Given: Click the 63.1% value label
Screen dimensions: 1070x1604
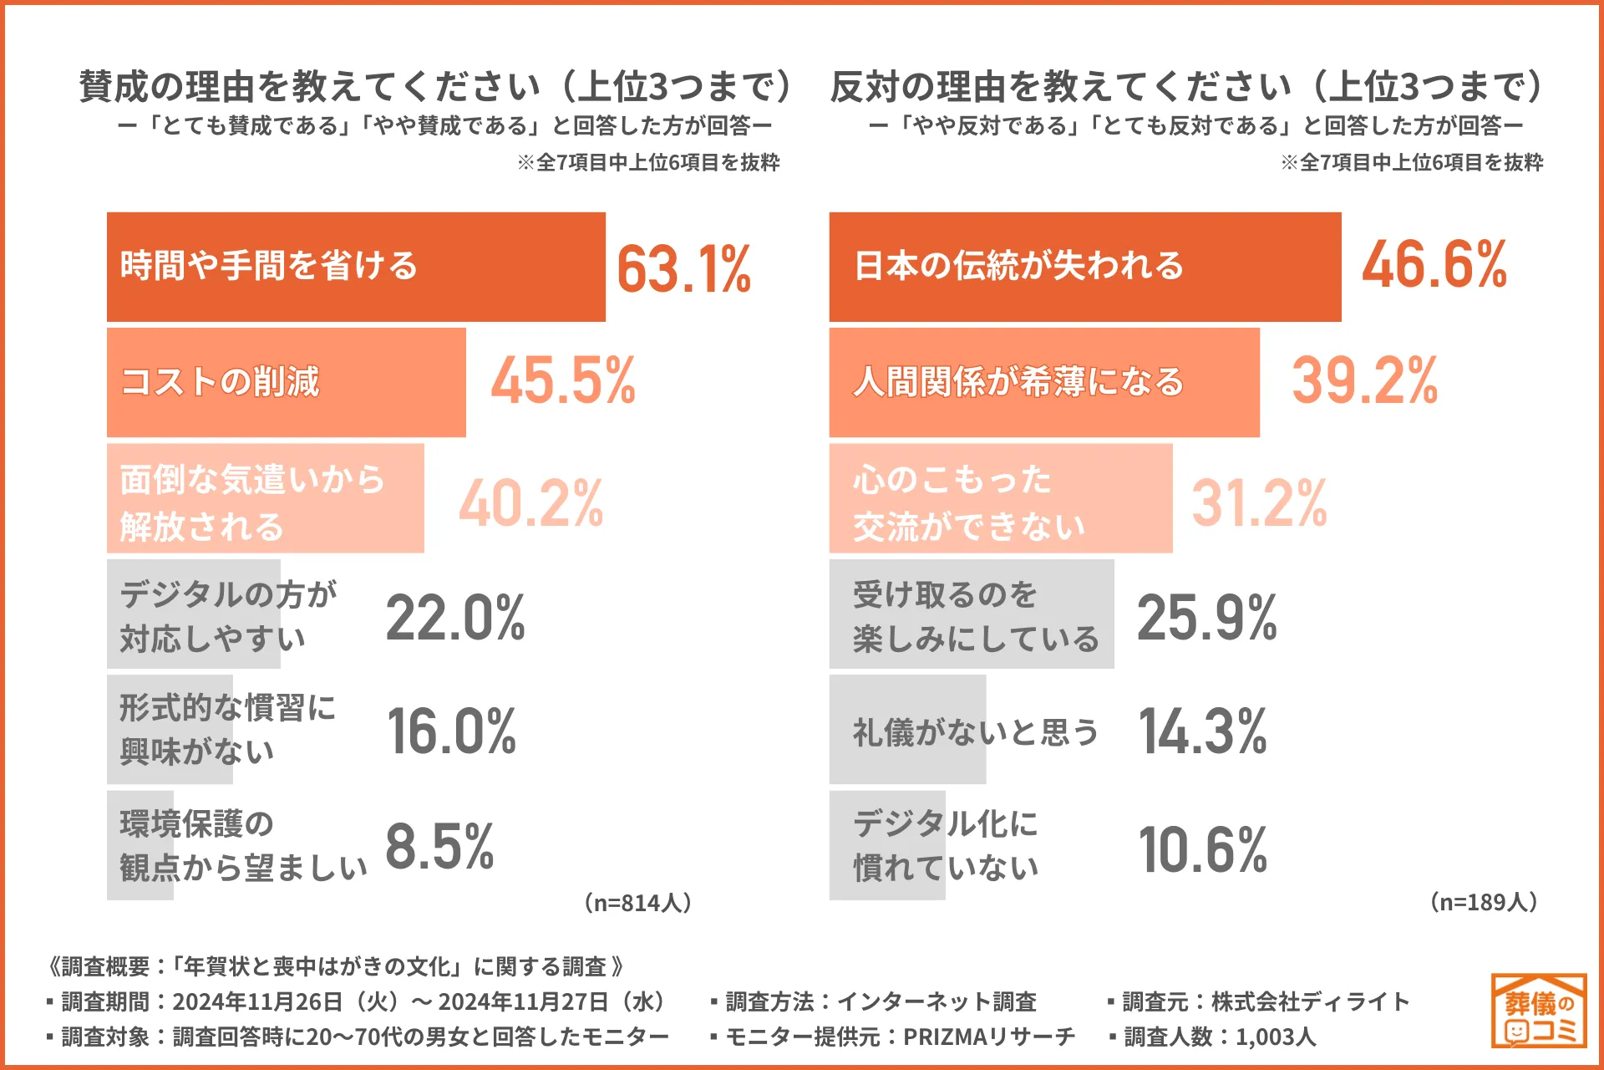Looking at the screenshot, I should tap(683, 268).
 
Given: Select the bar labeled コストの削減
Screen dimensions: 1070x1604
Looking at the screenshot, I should tap(286, 382).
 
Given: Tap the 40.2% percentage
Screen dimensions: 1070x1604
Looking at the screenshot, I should tap(530, 503).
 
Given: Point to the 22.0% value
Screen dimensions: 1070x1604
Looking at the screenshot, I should tap(455, 618).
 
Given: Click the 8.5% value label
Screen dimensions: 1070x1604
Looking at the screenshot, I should tap(439, 846).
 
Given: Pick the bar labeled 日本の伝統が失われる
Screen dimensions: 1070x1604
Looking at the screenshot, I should tap(1084, 267).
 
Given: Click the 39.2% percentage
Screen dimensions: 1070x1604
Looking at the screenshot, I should tap(1364, 380).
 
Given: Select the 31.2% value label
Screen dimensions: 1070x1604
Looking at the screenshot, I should tap(1259, 503).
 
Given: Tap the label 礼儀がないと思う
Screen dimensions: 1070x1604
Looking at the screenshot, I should tap(975, 732).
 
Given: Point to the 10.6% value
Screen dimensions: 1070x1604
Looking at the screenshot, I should tap(1203, 849).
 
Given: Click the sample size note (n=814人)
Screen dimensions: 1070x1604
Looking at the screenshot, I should tap(637, 903).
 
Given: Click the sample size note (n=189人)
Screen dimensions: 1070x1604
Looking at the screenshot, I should tap(1484, 902).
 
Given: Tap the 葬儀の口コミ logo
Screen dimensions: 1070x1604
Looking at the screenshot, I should tap(1538, 1011).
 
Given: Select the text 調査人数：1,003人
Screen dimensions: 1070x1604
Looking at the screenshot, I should tap(1219, 1037).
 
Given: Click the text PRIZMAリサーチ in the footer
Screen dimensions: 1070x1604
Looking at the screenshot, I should tap(989, 1037).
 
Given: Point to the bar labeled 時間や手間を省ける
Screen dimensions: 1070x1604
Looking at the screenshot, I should tap(355, 267).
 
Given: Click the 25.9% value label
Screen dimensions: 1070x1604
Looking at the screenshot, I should tap(1206, 618).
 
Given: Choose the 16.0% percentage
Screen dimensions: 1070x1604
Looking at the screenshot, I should tap(451, 731).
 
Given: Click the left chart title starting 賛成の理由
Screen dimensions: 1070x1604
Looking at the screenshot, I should tap(434, 87).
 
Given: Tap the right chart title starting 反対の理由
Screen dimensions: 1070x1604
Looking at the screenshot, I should tap(1186, 87).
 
